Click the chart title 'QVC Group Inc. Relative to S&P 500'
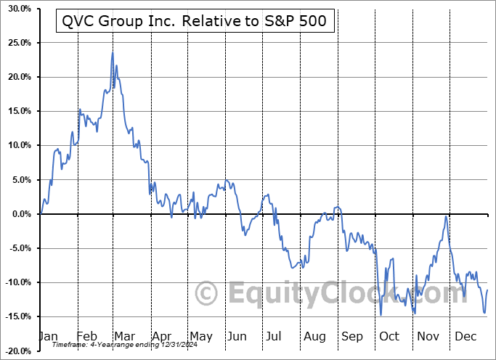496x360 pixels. [195, 22]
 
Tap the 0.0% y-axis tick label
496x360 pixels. [17, 214]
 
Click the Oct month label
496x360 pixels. [390, 337]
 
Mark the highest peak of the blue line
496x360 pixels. [113, 52]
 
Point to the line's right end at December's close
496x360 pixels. [487, 290]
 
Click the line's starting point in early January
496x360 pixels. [41, 213]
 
